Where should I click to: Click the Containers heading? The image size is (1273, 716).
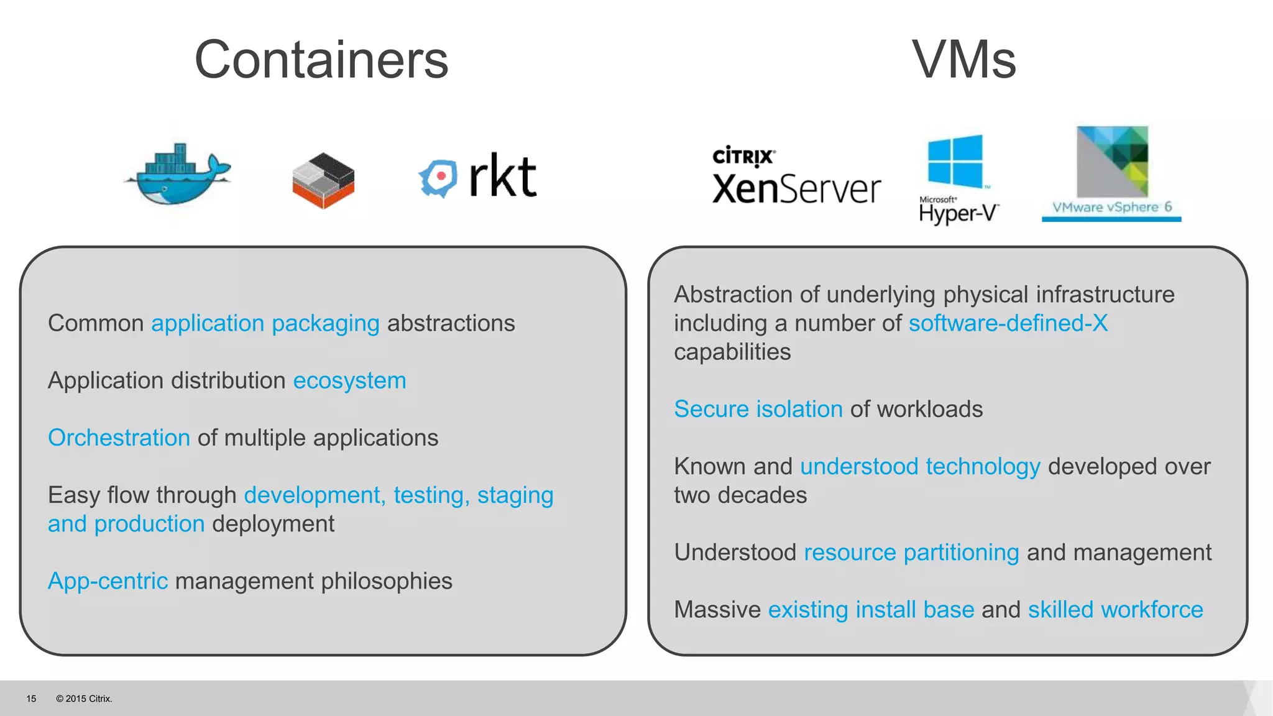pyautogui.click(x=321, y=60)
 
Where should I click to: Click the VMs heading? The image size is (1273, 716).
pyautogui.click(x=964, y=60)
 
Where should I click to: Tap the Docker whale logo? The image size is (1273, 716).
pyautogui.click(x=178, y=175)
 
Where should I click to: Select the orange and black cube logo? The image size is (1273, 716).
pyautogui.click(x=323, y=180)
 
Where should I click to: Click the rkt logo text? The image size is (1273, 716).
pyautogui.click(x=502, y=177)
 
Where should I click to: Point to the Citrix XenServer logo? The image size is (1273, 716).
pyautogui.click(x=796, y=176)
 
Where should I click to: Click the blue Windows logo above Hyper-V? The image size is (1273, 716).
pyautogui.click(x=955, y=161)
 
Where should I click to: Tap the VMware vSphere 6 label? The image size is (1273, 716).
pyautogui.click(x=1111, y=207)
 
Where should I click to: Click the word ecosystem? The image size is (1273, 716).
pyautogui.click(x=349, y=380)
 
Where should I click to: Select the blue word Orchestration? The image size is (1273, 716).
pyautogui.click(x=119, y=438)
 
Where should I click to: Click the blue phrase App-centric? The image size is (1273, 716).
pyautogui.click(x=108, y=581)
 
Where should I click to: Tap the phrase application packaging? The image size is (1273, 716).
pyautogui.click(x=265, y=323)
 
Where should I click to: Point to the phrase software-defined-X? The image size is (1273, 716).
pyautogui.click(x=1008, y=323)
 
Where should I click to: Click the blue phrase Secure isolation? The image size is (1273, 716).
pyautogui.click(x=758, y=409)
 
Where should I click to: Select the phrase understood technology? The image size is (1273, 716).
pyautogui.click(x=920, y=466)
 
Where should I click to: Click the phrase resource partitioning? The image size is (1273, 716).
pyautogui.click(x=911, y=553)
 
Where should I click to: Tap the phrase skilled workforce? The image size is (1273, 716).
pyautogui.click(x=1116, y=610)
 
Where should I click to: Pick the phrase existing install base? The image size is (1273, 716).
pyautogui.click(x=871, y=610)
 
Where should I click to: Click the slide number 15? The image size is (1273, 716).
pyautogui.click(x=31, y=699)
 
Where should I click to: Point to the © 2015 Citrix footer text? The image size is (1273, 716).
pyautogui.click(x=84, y=699)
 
